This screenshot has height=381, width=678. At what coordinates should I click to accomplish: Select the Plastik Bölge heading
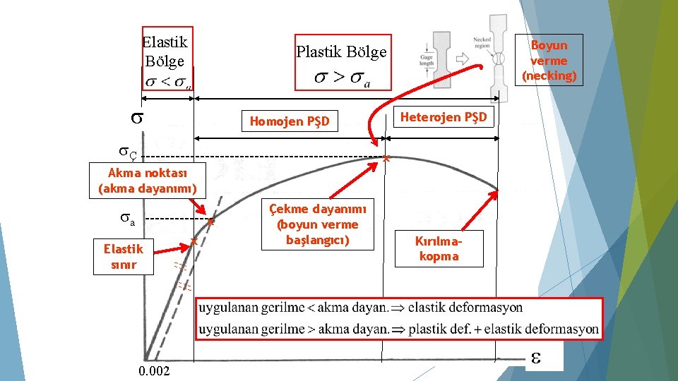(341, 52)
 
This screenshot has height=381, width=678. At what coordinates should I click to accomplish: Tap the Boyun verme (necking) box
(549, 60)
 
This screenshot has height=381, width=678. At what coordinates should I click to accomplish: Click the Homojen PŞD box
(290, 121)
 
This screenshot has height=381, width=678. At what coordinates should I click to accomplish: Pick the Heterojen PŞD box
(444, 117)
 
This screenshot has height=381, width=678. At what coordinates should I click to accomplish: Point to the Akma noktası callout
(147, 181)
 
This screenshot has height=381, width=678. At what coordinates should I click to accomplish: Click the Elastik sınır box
(123, 257)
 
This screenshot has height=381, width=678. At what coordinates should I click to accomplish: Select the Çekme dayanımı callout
(317, 224)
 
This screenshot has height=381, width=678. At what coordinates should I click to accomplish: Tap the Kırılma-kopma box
(439, 248)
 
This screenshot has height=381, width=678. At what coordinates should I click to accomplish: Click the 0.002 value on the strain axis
(154, 371)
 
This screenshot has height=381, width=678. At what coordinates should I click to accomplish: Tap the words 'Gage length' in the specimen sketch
(427, 61)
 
